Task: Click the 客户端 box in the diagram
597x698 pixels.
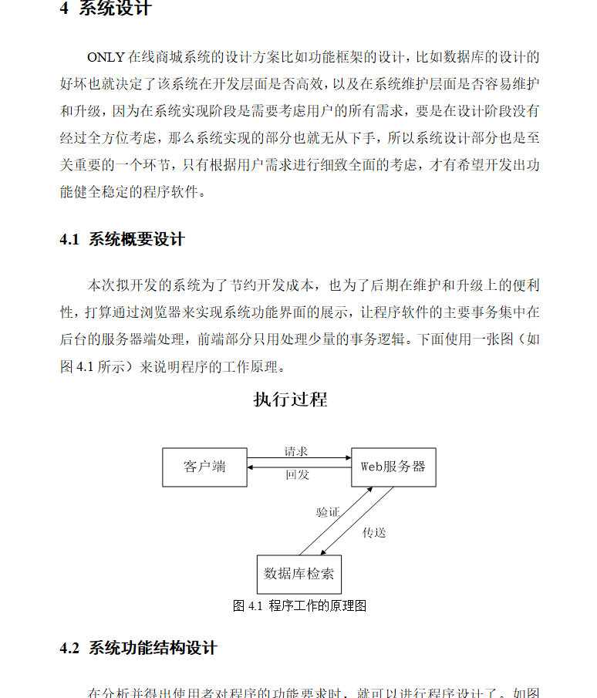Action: [x=204, y=467]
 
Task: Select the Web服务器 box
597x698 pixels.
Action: [x=393, y=467]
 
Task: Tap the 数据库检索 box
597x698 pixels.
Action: [x=298, y=575]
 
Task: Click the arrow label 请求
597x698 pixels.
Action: [x=296, y=452]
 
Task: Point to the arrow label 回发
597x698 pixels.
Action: [x=297, y=475]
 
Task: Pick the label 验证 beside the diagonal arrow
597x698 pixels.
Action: [x=328, y=512]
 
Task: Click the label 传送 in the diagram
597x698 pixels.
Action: [x=374, y=532]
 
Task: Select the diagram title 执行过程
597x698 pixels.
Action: [x=290, y=400]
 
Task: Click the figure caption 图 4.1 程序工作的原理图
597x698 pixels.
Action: [x=299, y=606]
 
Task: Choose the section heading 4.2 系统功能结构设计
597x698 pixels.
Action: [x=139, y=648]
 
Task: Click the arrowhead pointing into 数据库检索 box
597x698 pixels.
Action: [x=323, y=552]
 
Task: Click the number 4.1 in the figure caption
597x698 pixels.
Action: [x=256, y=606]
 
